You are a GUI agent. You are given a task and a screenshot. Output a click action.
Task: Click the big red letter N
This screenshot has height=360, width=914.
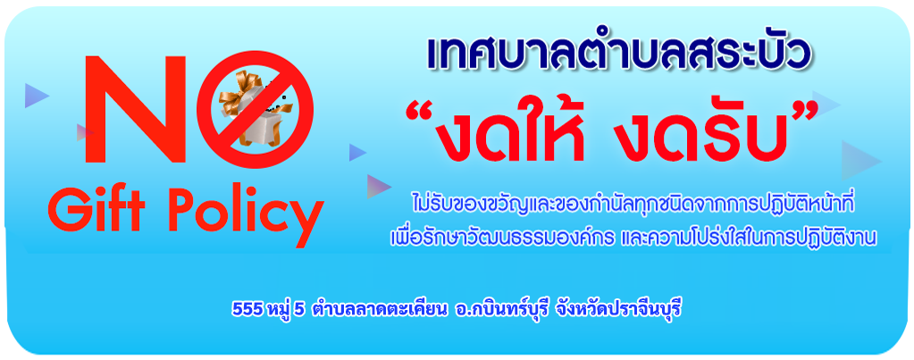click(135, 109)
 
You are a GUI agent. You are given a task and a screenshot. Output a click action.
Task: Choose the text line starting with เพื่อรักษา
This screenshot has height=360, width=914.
click(633, 238)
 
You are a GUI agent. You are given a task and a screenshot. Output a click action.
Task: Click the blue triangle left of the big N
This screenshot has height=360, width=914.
click(36, 96)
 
